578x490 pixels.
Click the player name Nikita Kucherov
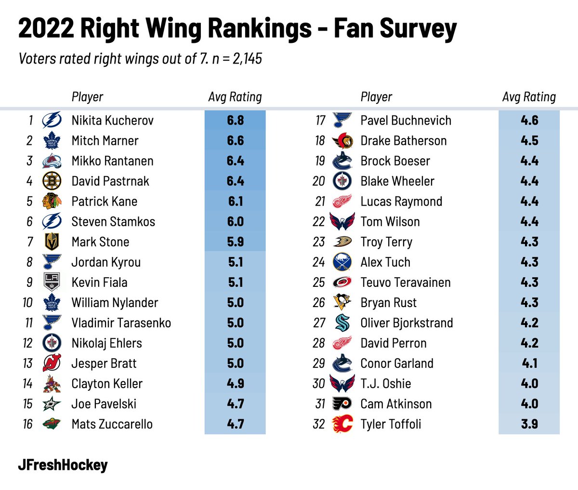click(112, 120)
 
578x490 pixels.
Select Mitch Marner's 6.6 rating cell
click(235, 141)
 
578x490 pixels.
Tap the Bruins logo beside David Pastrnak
click(52, 181)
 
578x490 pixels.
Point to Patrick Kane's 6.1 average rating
click(235, 201)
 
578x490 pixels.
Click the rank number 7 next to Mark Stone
click(30, 242)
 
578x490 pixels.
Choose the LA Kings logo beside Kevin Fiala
click(52, 283)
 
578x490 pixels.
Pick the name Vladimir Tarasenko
click(121, 323)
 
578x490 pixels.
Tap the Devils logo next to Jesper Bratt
click(52, 363)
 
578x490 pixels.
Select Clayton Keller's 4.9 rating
click(235, 384)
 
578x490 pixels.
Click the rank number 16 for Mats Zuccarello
click(28, 424)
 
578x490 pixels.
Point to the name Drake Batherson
click(403, 141)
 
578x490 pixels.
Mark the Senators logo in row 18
click(342, 141)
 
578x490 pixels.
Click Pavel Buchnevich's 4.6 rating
click(529, 120)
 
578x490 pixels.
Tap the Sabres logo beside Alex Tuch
click(342, 262)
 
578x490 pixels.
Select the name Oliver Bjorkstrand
click(407, 323)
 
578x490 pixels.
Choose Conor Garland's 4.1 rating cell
click(529, 363)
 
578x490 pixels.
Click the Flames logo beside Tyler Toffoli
click(342, 424)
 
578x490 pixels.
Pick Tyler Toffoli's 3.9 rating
click(529, 424)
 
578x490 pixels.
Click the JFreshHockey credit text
click(63, 465)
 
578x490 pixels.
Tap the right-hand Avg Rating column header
click(529, 97)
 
